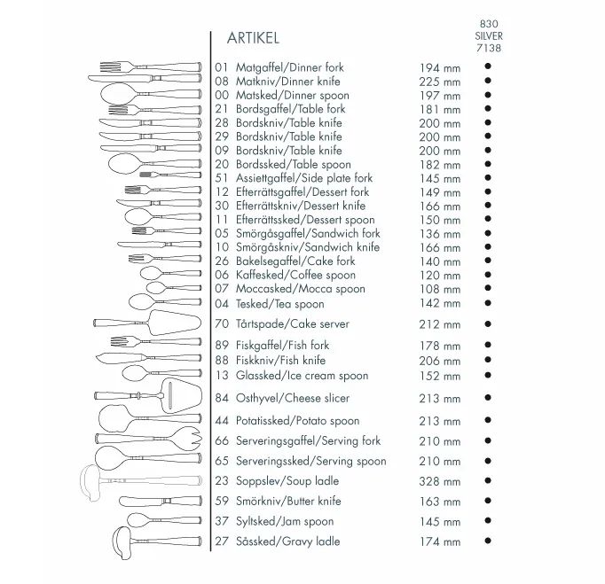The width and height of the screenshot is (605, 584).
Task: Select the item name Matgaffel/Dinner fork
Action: click(289, 67)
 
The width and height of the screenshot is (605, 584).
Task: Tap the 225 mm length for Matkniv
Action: click(440, 82)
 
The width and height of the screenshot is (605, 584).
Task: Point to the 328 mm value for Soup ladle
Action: click(440, 482)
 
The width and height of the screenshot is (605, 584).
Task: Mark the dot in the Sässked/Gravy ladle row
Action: click(488, 541)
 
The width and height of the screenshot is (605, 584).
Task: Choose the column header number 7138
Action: click(488, 49)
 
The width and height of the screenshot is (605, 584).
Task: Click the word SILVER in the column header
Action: click(488, 36)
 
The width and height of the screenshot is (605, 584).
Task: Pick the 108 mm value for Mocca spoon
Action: click(440, 289)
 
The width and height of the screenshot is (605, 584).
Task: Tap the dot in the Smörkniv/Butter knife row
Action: click(488, 501)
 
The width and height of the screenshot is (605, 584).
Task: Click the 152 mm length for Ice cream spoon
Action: click(440, 376)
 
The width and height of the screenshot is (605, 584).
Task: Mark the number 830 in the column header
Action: click(488, 24)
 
